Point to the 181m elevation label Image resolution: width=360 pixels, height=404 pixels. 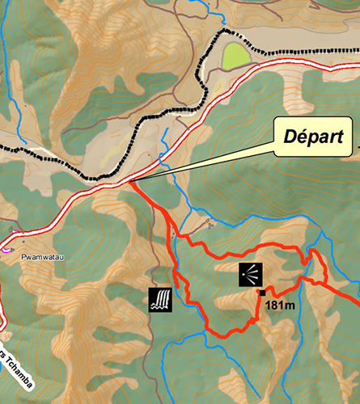(x=277, y=305)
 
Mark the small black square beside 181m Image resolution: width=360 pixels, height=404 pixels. (x=261, y=292)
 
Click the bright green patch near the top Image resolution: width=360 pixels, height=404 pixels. (x=235, y=57)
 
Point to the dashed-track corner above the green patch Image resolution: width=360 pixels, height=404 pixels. (x=224, y=30)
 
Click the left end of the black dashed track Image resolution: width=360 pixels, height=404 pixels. (x=2, y=148)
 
